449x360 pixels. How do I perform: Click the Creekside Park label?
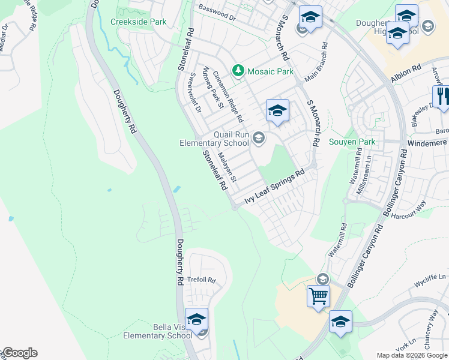[x=138, y=22]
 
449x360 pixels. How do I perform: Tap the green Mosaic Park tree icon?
[x=238, y=71]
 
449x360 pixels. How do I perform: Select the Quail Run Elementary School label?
[x=214, y=139]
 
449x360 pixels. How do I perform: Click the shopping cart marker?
[x=318, y=295]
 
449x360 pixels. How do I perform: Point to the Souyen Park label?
[x=352, y=142]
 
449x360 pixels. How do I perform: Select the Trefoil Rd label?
[x=200, y=280]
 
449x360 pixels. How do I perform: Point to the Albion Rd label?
[x=406, y=74]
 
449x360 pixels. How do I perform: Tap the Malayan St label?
[x=228, y=167]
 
